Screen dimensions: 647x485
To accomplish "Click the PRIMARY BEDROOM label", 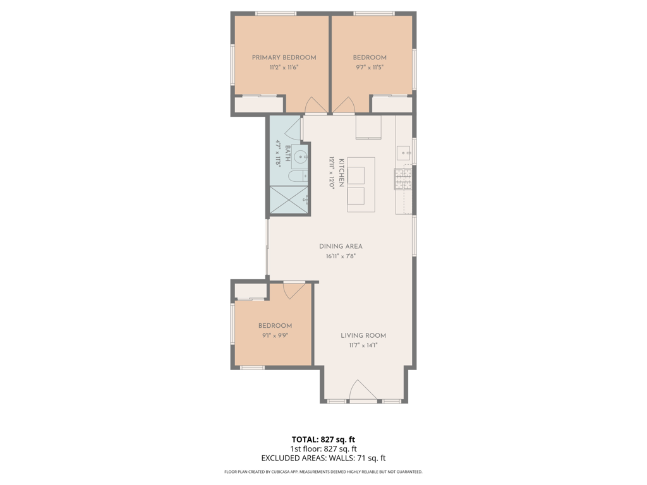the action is coord(284,57).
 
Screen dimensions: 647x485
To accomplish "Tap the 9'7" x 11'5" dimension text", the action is coord(370,67).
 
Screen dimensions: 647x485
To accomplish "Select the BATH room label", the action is coord(287,153).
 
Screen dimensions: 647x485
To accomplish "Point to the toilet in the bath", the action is coord(298,177).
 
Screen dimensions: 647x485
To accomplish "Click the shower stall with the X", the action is coord(289,200).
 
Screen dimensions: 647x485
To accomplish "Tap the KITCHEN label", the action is coord(341,173).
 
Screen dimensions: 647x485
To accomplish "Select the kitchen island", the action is coord(361,185).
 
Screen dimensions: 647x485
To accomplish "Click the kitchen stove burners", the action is coord(403,179).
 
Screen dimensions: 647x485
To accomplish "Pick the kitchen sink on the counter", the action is coord(404,153).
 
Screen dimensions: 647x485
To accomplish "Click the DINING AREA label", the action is coord(341,246).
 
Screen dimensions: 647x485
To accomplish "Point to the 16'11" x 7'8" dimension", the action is coord(341,256).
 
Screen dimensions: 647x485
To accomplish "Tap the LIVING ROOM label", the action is coord(363,336).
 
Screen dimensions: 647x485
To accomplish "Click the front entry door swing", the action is coord(363,390).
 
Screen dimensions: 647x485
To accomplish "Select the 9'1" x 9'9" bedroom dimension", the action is coord(275,335).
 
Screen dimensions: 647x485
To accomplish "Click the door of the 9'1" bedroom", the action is coord(294,290).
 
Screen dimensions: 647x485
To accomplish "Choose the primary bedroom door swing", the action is coord(316,105).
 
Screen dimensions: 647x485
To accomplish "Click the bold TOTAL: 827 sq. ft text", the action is coord(323,440).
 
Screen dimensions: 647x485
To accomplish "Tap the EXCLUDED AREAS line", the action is coord(323,458).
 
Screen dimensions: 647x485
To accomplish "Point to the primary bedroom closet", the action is coord(258,104).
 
